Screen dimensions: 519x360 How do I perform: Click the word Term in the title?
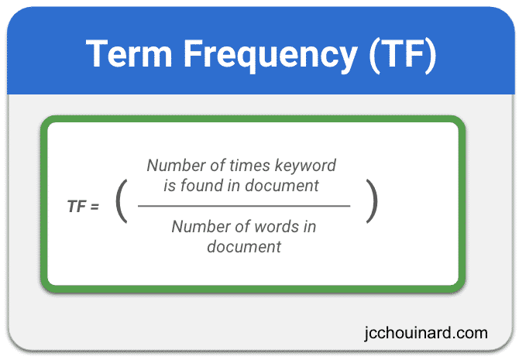(x=129, y=53)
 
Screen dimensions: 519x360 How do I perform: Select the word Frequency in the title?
(x=270, y=56)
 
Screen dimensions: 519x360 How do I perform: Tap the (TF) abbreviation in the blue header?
(x=403, y=56)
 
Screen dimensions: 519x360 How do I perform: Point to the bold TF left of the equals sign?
(x=77, y=207)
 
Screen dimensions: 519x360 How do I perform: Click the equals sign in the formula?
(x=95, y=207)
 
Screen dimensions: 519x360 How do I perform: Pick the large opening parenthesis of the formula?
(x=122, y=201)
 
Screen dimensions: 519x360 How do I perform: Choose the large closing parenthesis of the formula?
(x=372, y=201)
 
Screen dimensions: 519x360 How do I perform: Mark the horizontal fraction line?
(x=244, y=206)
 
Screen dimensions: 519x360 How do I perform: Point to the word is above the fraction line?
(x=170, y=186)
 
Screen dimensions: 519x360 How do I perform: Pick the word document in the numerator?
(x=282, y=186)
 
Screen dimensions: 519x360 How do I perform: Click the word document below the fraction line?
(x=244, y=247)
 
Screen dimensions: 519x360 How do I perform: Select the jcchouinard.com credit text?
(x=426, y=333)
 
